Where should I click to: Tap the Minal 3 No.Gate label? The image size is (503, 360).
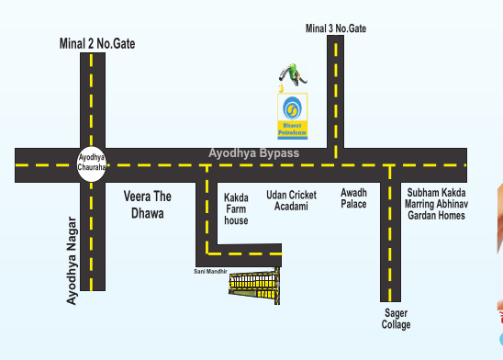click(x=336, y=28)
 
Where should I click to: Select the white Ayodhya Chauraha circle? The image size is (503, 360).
click(x=92, y=163)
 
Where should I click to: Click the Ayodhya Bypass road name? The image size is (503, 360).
click(x=254, y=152)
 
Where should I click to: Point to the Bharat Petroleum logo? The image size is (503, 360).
click(x=293, y=115)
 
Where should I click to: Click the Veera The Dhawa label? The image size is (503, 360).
click(x=148, y=205)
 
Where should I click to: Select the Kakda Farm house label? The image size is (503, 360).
click(x=236, y=208)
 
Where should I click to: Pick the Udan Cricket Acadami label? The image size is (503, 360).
click(x=292, y=201)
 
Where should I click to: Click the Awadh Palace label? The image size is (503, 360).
click(x=353, y=197)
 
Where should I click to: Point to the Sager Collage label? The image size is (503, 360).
click(x=397, y=319)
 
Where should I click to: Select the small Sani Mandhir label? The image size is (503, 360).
click(x=210, y=271)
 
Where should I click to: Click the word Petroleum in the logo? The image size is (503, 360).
click(x=293, y=134)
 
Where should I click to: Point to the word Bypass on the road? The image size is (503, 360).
click(x=279, y=152)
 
